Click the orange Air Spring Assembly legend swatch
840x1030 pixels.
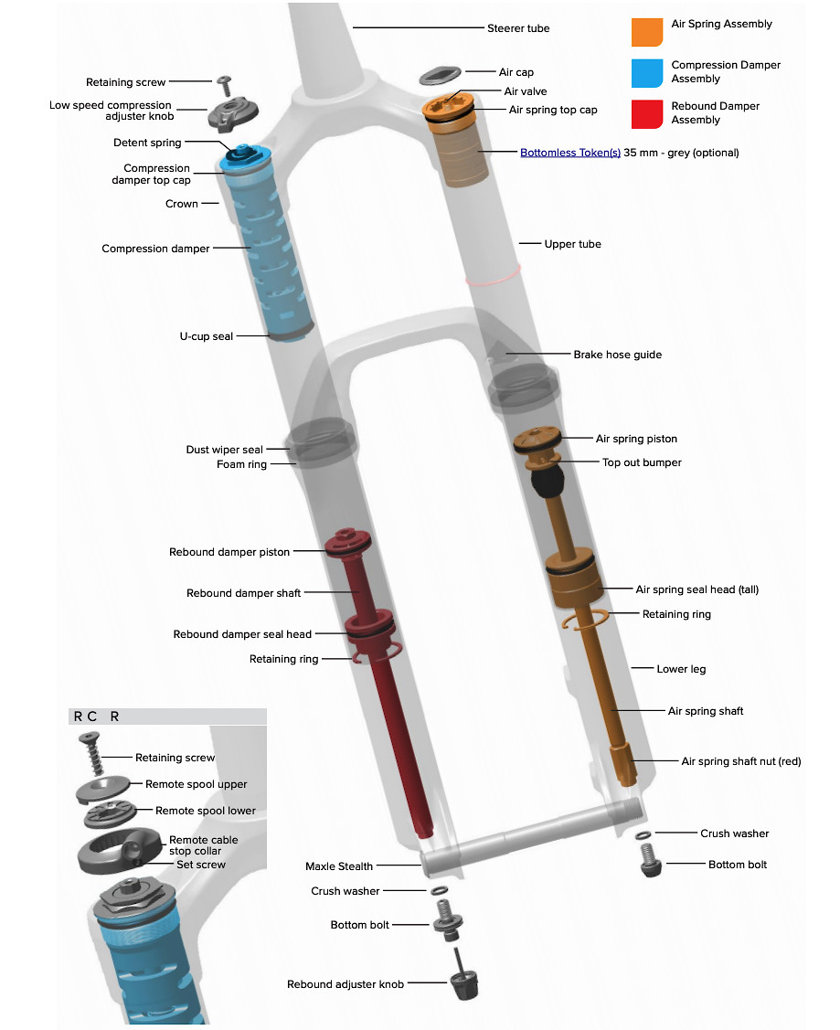tap(647, 31)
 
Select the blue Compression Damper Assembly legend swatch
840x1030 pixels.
tap(647, 72)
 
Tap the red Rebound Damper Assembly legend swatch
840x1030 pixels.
tap(647, 113)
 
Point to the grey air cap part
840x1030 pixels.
tap(441, 75)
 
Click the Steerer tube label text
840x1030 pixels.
tap(518, 28)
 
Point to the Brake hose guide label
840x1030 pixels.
tap(617, 355)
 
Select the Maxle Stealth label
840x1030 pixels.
tap(339, 866)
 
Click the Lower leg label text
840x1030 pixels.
tap(681, 669)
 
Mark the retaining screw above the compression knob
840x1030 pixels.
tap(224, 85)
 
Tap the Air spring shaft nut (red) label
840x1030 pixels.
tap(740, 761)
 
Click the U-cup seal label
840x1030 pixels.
tap(206, 336)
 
